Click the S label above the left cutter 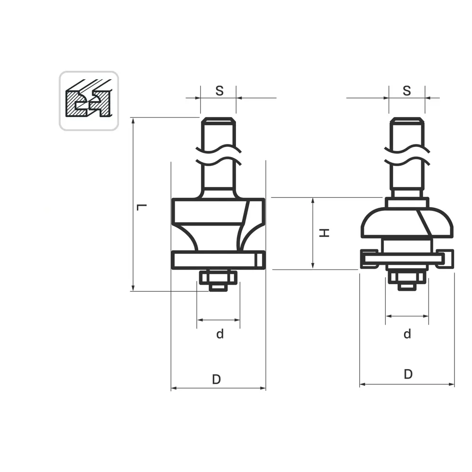coord(219,91)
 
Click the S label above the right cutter coord(407,91)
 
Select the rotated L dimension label coord(142,207)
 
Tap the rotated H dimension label coord(324,233)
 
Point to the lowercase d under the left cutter coord(220,334)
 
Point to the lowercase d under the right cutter coord(407,334)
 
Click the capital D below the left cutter coord(217,379)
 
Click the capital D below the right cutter coord(408,374)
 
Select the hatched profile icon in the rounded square coord(89,98)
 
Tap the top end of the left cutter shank coord(218,118)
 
